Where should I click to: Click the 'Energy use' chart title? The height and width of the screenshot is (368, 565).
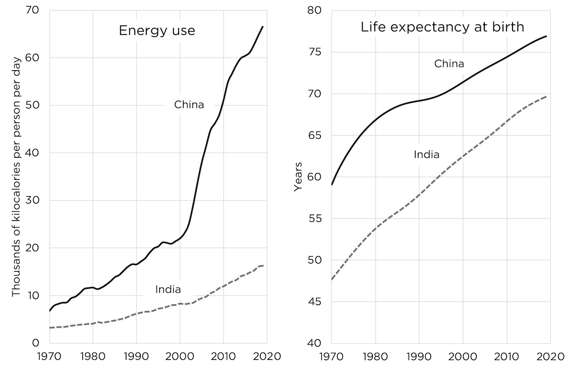157,30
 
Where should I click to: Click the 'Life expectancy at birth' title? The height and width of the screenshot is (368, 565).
442,27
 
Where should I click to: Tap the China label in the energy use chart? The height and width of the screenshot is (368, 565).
189,105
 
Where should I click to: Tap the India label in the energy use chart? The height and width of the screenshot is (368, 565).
168,290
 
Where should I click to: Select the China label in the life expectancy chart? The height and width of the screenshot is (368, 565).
449,64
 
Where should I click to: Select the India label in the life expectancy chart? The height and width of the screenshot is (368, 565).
427,155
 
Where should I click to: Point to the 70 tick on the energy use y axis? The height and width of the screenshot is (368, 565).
32,10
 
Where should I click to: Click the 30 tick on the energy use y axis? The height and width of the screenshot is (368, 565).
32,200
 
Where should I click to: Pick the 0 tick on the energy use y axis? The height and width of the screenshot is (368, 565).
35,343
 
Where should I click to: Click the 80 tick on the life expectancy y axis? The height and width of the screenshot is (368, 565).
314,10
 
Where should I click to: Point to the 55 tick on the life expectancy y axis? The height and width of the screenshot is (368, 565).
314,218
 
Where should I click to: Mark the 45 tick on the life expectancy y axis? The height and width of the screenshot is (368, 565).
314,302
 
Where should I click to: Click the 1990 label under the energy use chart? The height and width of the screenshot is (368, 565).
136,356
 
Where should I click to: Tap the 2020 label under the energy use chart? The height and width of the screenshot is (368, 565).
267,356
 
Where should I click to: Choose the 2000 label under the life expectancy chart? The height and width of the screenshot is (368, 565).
463,356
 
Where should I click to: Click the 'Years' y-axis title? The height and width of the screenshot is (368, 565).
298,177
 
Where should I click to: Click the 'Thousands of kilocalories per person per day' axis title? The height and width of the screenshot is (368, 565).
16,177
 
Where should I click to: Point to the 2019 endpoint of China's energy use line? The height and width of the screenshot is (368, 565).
262,27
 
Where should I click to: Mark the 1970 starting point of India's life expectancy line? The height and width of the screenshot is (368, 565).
332,279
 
